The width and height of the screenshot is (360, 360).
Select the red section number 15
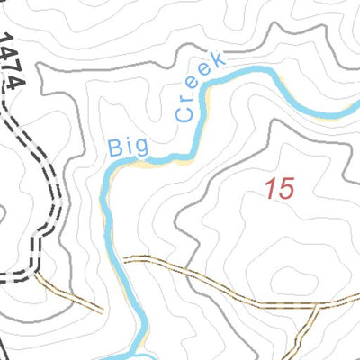(x=280, y=189)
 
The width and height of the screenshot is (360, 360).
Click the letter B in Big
(x=114, y=148)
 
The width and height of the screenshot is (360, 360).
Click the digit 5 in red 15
(x=286, y=189)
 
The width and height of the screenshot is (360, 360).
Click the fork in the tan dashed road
(x=318, y=307)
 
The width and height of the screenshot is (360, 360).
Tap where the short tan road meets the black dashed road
(x=38, y=275)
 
